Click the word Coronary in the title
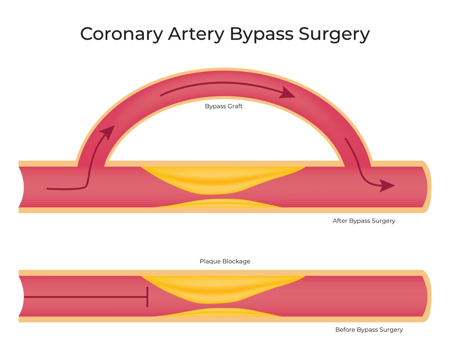pyautogui.click(x=122, y=34)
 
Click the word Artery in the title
pyautogui.click(x=196, y=34)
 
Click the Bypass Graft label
pyautogui.click(x=224, y=106)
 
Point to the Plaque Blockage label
pyautogui.click(x=225, y=261)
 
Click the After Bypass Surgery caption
pyautogui.click(x=364, y=221)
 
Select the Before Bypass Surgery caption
pyautogui.click(x=369, y=330)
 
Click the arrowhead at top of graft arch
pyautogui.click(x=287, y=93)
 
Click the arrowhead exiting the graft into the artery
pyautogui.click(x=387, y=185)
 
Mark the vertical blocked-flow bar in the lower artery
pyautogui.click(x=147, y=297)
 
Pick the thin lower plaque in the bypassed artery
pyautogui.click(x=217, y=203)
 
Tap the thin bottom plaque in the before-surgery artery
pyautogui.click(x=217, y=313)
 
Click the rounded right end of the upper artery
pyautogui.click(x=427, y=187)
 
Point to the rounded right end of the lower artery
pyautogui.click(x=427, y=296)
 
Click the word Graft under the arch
pyautogui.click(x=235, y=106)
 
